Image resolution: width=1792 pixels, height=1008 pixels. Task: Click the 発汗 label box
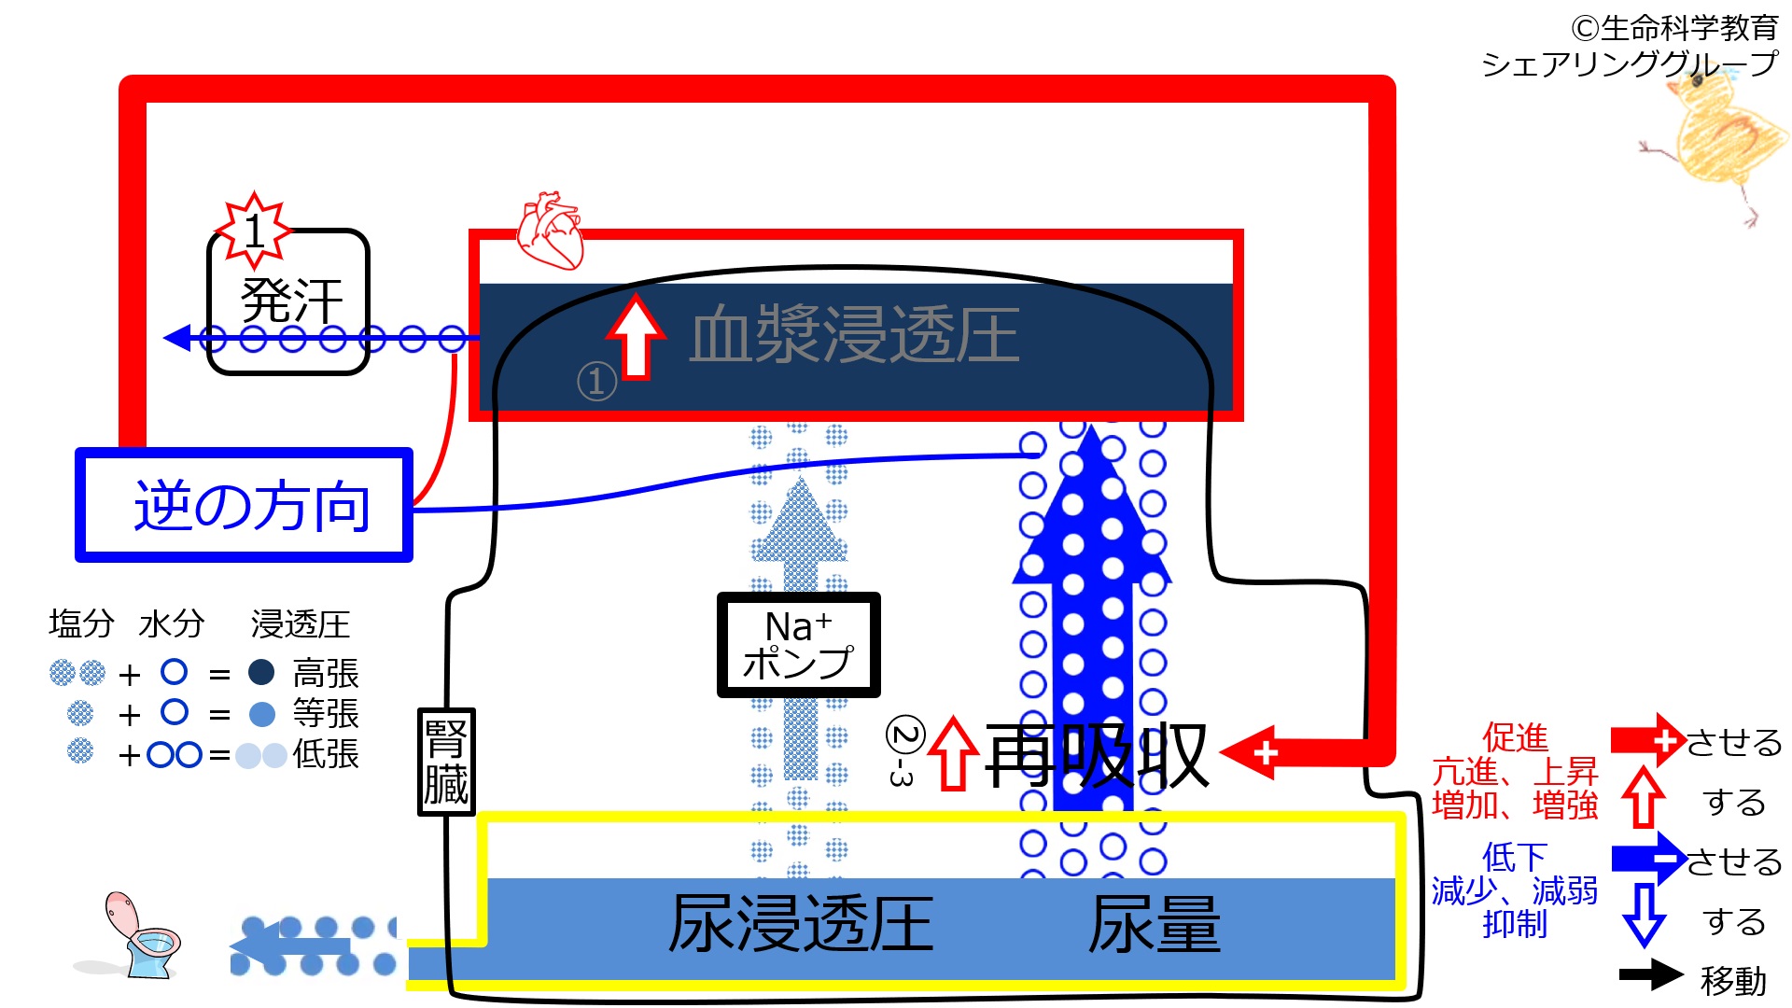coord(289,301)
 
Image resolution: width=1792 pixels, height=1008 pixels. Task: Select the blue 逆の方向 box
coord(245,505)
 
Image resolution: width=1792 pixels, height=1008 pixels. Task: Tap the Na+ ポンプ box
coord(798,644)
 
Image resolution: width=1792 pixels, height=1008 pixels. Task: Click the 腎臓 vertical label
coord(446,762)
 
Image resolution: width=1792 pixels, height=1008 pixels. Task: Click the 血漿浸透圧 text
coord(854,334)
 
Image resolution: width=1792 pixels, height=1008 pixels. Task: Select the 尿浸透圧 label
coord(801,924)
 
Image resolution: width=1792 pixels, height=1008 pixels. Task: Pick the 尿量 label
coord(1155,924)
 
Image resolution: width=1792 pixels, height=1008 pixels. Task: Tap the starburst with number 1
coord(253,230)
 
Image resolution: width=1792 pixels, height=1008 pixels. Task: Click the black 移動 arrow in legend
coord(1650,974)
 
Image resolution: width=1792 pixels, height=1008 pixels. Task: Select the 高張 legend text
coord(326,673)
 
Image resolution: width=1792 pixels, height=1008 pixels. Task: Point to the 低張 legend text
coord(326,753)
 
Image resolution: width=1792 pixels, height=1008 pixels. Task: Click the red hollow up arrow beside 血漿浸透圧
coord(636,337)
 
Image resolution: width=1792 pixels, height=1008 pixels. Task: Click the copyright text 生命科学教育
coord(1674,28)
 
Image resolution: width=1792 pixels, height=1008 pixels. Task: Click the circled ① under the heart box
coord(596,381)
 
